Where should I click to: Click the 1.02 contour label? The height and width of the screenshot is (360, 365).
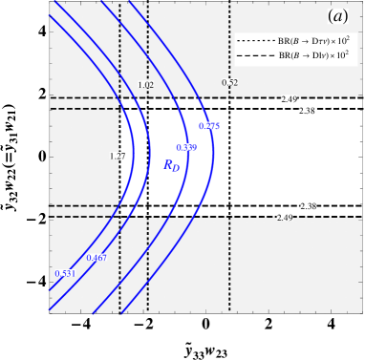[x=146, y=85]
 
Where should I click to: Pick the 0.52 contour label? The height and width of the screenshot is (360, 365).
[x=229, y=83]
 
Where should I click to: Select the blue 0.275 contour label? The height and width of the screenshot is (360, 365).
[x=209, y=126]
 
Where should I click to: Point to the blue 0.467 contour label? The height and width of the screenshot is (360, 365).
[x=97, y=258]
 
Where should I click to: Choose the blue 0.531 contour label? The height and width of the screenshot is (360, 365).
[x=65, y=274]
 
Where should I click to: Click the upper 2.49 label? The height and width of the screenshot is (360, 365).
[x=289, y=98]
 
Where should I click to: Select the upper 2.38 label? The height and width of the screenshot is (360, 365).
[x=308, y=111]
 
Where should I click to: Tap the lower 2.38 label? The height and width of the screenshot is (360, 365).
[x=309, y=205]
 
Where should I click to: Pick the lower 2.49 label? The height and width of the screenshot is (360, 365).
[x=285, y=218]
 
